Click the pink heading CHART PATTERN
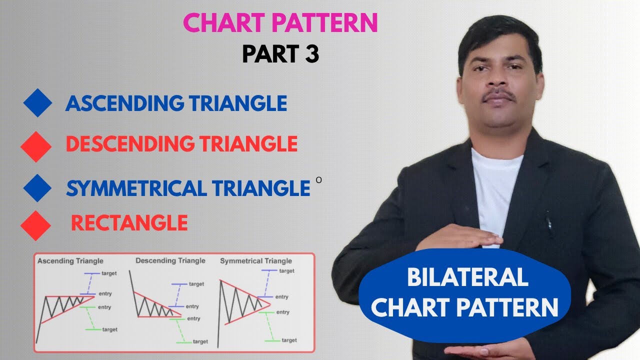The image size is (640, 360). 280,23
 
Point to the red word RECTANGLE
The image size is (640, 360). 129,222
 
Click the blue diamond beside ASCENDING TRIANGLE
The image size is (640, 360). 37,103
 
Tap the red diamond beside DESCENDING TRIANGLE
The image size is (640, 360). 36,146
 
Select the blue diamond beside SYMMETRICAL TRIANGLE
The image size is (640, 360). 37,188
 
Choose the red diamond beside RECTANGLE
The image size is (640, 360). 36,225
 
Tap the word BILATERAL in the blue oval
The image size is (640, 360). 467,277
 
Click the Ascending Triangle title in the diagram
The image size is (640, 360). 70,261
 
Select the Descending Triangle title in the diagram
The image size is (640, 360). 170,260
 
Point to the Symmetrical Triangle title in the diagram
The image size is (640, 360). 256,261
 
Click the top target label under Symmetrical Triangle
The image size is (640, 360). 286,271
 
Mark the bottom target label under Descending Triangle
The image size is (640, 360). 200,341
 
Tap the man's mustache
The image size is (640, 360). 498,95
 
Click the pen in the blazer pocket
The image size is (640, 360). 548,222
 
